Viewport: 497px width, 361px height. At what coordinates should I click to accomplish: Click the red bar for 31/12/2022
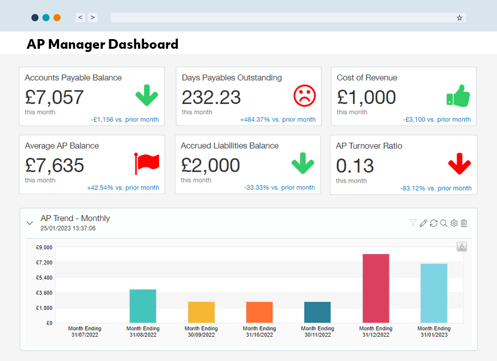pyautogui.click(x=376, y=288)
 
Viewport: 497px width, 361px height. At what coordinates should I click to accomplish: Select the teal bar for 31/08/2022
pyautogui.click(x=143, y=306)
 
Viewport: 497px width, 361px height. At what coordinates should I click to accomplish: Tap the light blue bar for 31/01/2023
pyautogui.click(x=433, y=293)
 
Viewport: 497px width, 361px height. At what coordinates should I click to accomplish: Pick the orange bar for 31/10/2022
pyautogui.click(x=259, y=312)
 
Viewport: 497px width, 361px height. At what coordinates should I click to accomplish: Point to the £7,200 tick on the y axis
pyautogui.click(x=44, y=263)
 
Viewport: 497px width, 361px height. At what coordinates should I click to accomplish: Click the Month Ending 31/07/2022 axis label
pyautogui.click(x=85, y=332)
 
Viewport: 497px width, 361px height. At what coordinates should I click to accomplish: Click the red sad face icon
pyautogui.click(x=305, y=96)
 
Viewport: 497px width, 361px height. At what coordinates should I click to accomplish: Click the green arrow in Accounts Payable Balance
pyautogui.click(x=147, y=96)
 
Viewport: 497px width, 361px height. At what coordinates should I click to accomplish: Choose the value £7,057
pyautogui.click(x=54, y=97)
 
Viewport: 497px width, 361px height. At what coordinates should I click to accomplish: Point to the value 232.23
pyautogui.click(x=211, y=97)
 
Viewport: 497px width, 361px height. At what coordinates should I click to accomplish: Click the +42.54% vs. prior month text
pyautogui.click(x=123, y=188)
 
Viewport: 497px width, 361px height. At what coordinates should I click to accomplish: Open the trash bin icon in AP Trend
pyautogui.click(x=464, y=223)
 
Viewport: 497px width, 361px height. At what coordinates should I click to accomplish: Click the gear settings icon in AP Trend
pyautogui.click(x=454, y=223)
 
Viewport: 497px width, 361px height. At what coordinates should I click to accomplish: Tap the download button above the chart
pyautogui.click(x=462, y=246)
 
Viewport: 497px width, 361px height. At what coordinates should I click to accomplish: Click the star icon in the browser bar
pyautogui.click(x=459, y=17)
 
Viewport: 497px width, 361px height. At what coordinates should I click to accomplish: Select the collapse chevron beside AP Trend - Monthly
pyautogui.click(x=30, y=223)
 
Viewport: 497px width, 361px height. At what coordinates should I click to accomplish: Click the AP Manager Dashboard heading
pyautogui.click(x=103, y=44)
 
